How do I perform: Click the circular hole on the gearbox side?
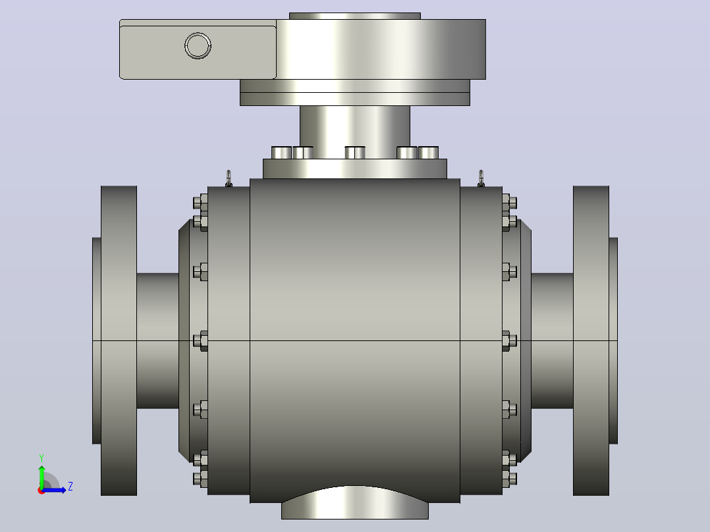tap(198, 45)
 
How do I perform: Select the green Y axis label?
tap(41, 458)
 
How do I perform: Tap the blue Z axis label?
tap(70, 487)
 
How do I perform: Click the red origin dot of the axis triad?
tap(41, 491)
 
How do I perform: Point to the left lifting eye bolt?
tap(229, 178)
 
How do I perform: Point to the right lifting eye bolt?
tap(481, 178)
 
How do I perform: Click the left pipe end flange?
tap(119, 340)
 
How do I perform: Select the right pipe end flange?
tap(591, 340)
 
